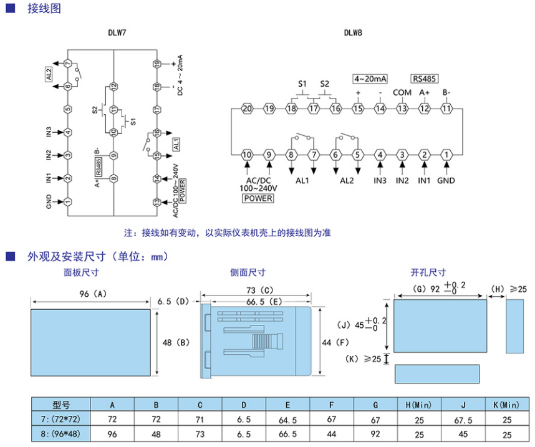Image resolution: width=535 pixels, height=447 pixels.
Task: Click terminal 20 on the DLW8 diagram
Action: [x=246, y=108]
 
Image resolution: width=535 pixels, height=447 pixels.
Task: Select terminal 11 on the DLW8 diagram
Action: [x=446, y=108]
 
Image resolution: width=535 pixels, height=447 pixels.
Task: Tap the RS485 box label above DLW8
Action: [x=424, y=79]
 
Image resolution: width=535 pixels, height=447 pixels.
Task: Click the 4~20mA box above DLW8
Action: [x=370, y=79]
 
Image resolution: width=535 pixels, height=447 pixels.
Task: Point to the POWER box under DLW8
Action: [x=258, y=198]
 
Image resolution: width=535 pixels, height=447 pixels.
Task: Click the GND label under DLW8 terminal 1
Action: [x=446, y=181]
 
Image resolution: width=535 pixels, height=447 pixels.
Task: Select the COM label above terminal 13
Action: [x=402, y=92]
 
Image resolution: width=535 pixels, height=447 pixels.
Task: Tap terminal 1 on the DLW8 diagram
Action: [x=446, y=155]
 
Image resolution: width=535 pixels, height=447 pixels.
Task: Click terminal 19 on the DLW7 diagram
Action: [x=157, y=64]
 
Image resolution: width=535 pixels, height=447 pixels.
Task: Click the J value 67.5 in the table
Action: [x=462, y=419]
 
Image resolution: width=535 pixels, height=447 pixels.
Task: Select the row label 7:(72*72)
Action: [x=62, y=418]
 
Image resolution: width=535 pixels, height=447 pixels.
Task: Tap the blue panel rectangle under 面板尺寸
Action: [x=90, y=342]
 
